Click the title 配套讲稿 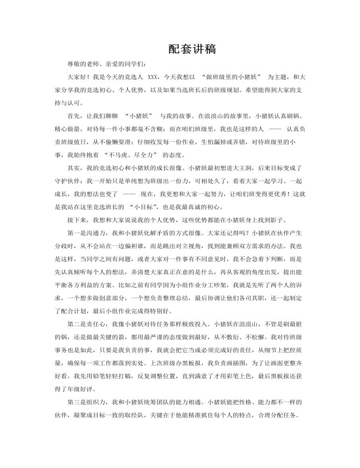point(192,50)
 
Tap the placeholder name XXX point(154,76)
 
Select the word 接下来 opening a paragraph point(77,219)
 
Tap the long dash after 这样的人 point(275,128)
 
